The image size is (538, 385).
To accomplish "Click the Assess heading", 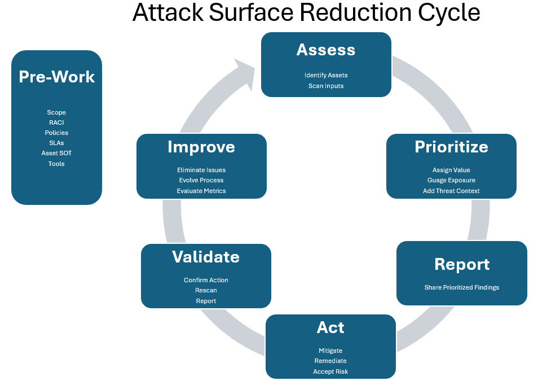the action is (x=326, y=50).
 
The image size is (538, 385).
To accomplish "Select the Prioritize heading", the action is (x=451, y=147).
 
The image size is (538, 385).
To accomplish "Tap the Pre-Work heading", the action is (x=56, y=77).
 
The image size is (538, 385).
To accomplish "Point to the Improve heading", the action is (x=201, y=147).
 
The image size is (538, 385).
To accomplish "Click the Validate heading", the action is (x=206, y=257).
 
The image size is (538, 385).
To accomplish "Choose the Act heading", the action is (x=330, y=327).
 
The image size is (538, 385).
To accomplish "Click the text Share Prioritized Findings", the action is (x=461, y=287).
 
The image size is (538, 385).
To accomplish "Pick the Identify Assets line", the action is (x=326, y=75).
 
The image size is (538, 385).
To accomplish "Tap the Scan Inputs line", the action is (x=326, y=86).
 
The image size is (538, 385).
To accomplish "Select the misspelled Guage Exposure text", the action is (x=451, y=180).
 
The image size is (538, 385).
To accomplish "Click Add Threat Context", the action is (x=451, y=191).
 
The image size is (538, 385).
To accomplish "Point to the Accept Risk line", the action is (x=330, y=371).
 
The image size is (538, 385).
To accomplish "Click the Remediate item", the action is (x=330, y=361).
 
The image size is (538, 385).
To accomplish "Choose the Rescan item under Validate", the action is (x=206, y=291).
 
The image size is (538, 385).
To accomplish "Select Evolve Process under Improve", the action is (x=201, y=180).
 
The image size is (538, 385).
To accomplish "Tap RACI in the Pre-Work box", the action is (x=56, y=123).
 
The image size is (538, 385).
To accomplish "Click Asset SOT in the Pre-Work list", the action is (x=56, y=153).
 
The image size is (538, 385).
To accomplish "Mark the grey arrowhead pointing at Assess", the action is (x=246, y=74).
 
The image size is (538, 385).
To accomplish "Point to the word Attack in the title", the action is (x=168, y=12).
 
